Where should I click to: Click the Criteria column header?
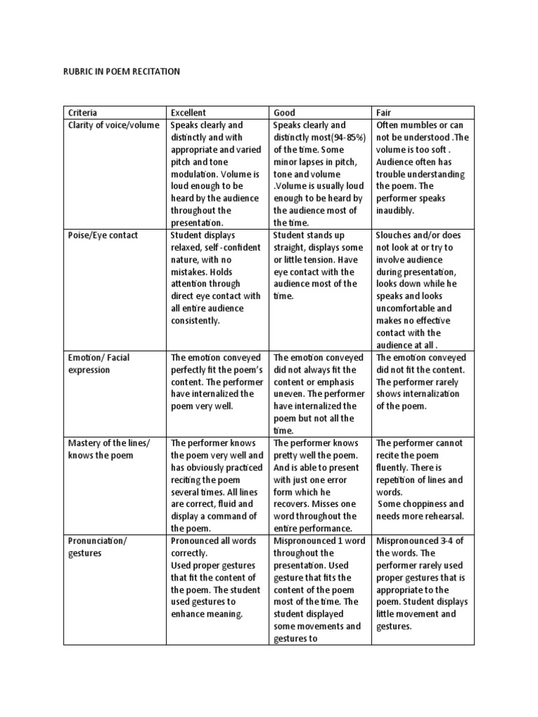tap(83, 113)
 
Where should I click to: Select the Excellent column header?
tap(188, 113)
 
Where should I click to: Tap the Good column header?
tap(285, 113)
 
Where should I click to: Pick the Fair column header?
tap(385, 113)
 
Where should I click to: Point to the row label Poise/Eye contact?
tap(102, 235)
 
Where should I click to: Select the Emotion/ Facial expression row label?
tap(99, 363)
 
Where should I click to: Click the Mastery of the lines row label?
tap(109, 443)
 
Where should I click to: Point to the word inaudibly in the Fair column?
tap(396, 210)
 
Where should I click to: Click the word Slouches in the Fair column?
tap(396, 235)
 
